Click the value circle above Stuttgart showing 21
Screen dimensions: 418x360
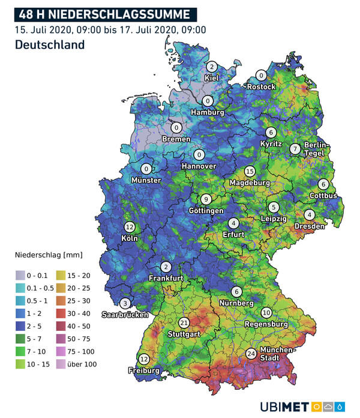184,323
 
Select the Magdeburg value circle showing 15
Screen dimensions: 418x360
250,172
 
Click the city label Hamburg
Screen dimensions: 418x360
208,112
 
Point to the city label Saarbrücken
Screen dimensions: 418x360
125,314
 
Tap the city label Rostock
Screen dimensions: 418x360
262,86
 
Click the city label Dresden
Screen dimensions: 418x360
309,226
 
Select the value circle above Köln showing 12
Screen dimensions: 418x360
130,227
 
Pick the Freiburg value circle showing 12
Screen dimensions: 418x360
144,359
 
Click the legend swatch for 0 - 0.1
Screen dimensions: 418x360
20,275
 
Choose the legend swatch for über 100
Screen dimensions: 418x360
62,364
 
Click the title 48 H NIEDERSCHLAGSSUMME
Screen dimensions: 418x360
104,14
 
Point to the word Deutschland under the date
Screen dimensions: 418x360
49,45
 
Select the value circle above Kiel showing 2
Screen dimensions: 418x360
211,67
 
